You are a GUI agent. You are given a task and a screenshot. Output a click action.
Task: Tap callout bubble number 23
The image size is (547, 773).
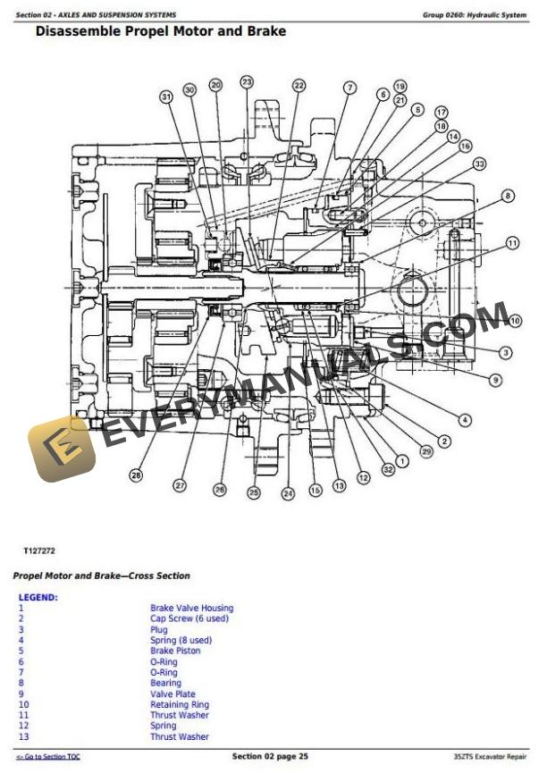(247, 81)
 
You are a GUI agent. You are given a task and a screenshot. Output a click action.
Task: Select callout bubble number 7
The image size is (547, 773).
(349, 88)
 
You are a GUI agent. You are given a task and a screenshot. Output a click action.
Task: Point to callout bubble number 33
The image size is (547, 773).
(479, 164)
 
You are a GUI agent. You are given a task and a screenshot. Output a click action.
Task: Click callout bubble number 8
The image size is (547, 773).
(508, 196)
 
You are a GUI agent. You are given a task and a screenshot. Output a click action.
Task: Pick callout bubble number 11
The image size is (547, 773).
(511, 242)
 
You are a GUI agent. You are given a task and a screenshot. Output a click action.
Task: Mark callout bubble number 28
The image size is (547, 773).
(136, 476)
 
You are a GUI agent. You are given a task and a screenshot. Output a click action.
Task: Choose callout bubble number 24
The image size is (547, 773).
(288, 492)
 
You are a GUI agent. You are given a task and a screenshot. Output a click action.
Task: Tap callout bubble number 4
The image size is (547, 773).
(465, 419)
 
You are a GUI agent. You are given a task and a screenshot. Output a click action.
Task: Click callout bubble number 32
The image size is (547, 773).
(388, 468)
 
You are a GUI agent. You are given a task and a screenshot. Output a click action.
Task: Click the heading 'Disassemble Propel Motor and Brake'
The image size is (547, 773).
(160, 31)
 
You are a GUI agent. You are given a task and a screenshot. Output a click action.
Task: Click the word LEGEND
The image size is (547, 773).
(38, 597)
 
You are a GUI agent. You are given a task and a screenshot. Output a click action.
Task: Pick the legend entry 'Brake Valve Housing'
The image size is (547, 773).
(191, 608)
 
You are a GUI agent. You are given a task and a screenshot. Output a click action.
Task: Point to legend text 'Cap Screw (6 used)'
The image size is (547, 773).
(189, 618)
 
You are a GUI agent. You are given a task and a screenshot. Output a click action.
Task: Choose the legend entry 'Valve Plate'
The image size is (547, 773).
(173, 693)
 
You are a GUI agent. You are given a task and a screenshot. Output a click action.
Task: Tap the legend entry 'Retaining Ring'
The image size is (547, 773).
(181, 704)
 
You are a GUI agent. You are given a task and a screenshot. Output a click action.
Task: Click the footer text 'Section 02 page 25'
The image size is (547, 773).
(270, 757)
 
